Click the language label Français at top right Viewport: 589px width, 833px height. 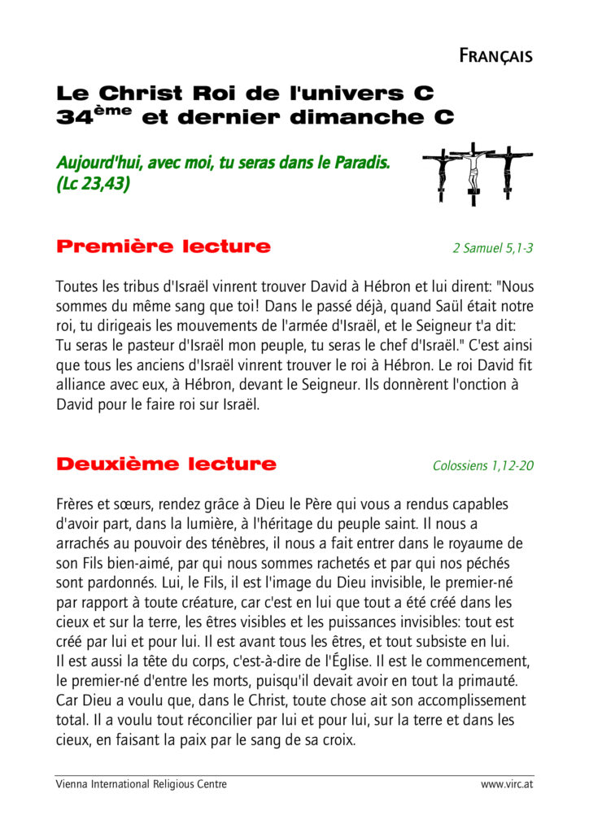click(495, 55)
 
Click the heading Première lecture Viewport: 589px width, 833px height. click(163, 246)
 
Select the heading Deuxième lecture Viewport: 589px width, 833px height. click(166, 464)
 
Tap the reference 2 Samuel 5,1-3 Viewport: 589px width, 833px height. click(493, 248)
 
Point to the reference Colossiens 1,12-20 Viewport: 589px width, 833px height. click(483, 466)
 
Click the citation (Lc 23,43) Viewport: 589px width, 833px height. click(93, 184)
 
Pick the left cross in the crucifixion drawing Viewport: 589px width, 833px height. click(441, 172)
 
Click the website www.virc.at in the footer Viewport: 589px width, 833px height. click(507, 784)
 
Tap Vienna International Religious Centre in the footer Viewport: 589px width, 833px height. click(141, 784)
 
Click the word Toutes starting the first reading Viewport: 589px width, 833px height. click(76, 286)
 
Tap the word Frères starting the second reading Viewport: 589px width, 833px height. click(76, 504)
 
